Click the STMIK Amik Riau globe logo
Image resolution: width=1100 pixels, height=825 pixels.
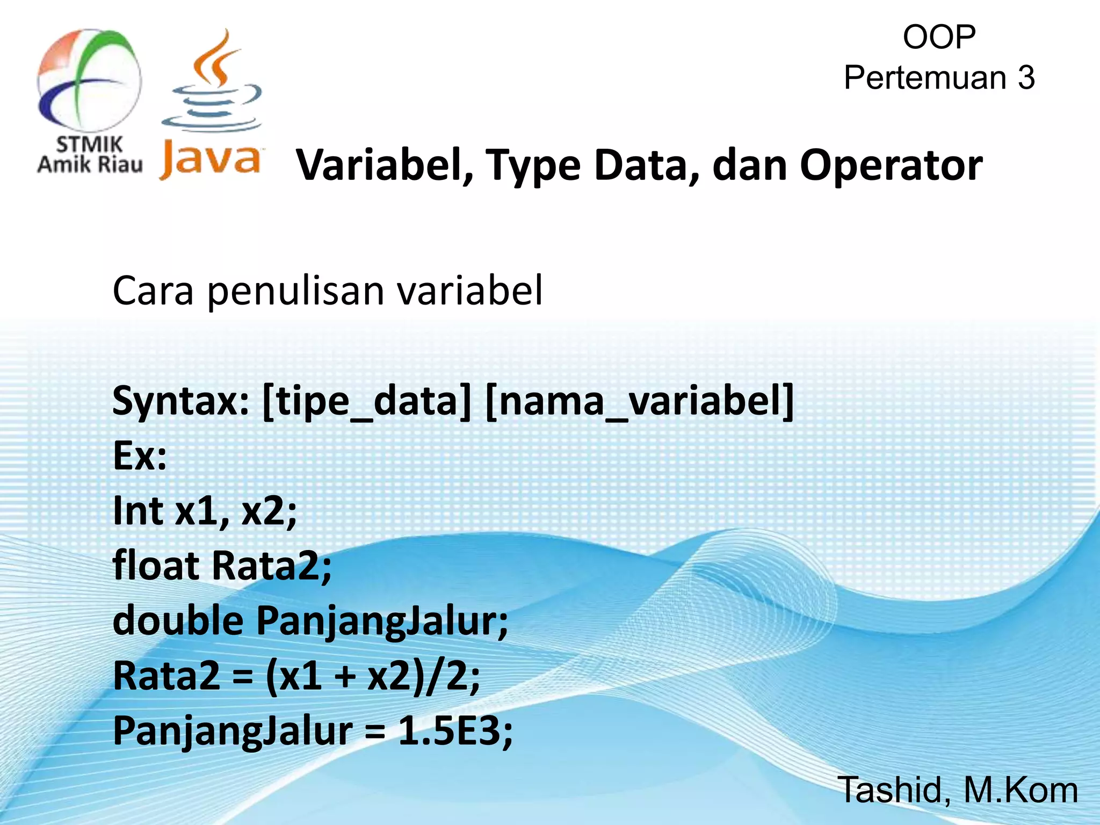89,81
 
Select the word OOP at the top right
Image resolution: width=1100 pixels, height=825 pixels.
939,37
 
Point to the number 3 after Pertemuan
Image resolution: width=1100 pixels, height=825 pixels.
1025,78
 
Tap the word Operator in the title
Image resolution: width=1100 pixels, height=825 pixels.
891,165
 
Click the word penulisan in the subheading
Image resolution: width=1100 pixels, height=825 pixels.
295,291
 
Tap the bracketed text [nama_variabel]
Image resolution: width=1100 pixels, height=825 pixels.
639,402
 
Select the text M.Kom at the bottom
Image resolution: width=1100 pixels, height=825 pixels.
1021,790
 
